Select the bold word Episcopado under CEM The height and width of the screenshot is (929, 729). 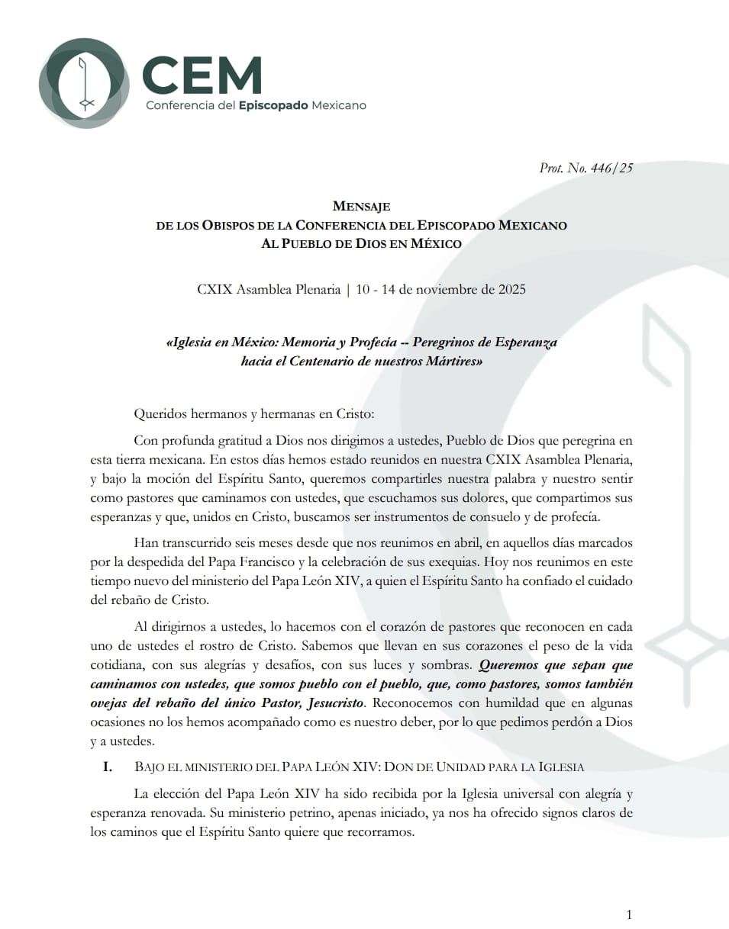(273, 105)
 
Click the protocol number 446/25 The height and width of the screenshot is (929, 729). (611, 169)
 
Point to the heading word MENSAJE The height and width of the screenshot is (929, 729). (362, 206)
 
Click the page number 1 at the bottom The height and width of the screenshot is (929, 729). (628, 915)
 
